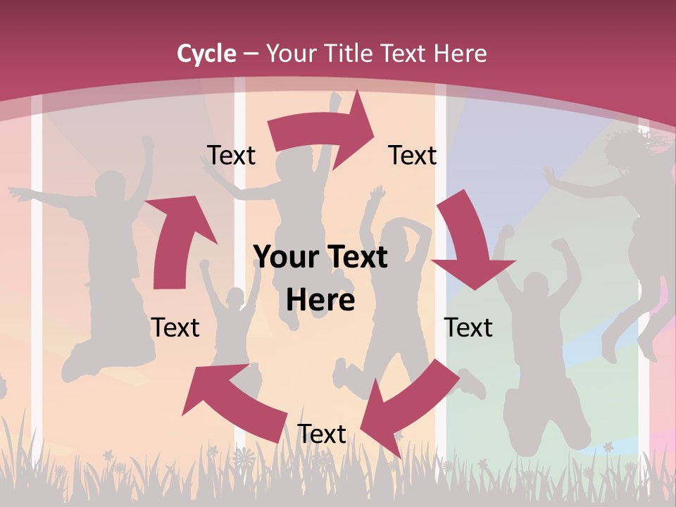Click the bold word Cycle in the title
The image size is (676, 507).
[206, 54]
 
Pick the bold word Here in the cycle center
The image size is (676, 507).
[320, 301]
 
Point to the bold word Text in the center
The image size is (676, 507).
[353, 258]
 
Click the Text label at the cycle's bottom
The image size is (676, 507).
[322, 434]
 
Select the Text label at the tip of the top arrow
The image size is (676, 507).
[413, 155]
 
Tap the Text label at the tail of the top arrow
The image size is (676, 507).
[231, 155]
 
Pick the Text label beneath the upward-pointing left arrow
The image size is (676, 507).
[175, 327]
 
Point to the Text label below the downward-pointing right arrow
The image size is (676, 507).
[468, 327]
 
